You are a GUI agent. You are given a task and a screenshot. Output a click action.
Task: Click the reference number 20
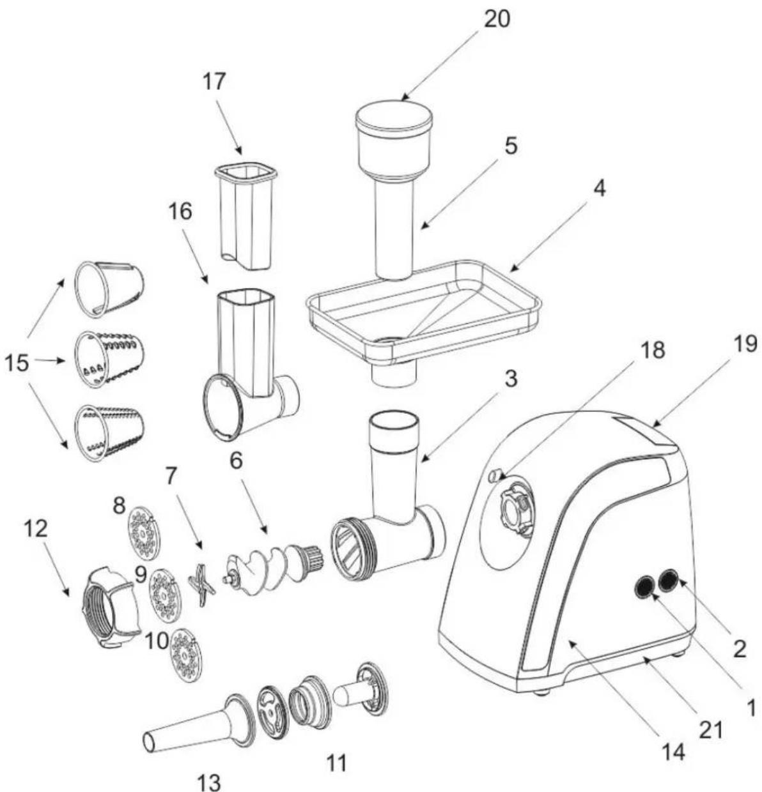[496, 19]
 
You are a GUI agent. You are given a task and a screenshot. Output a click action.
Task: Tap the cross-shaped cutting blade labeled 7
[201, 585]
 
